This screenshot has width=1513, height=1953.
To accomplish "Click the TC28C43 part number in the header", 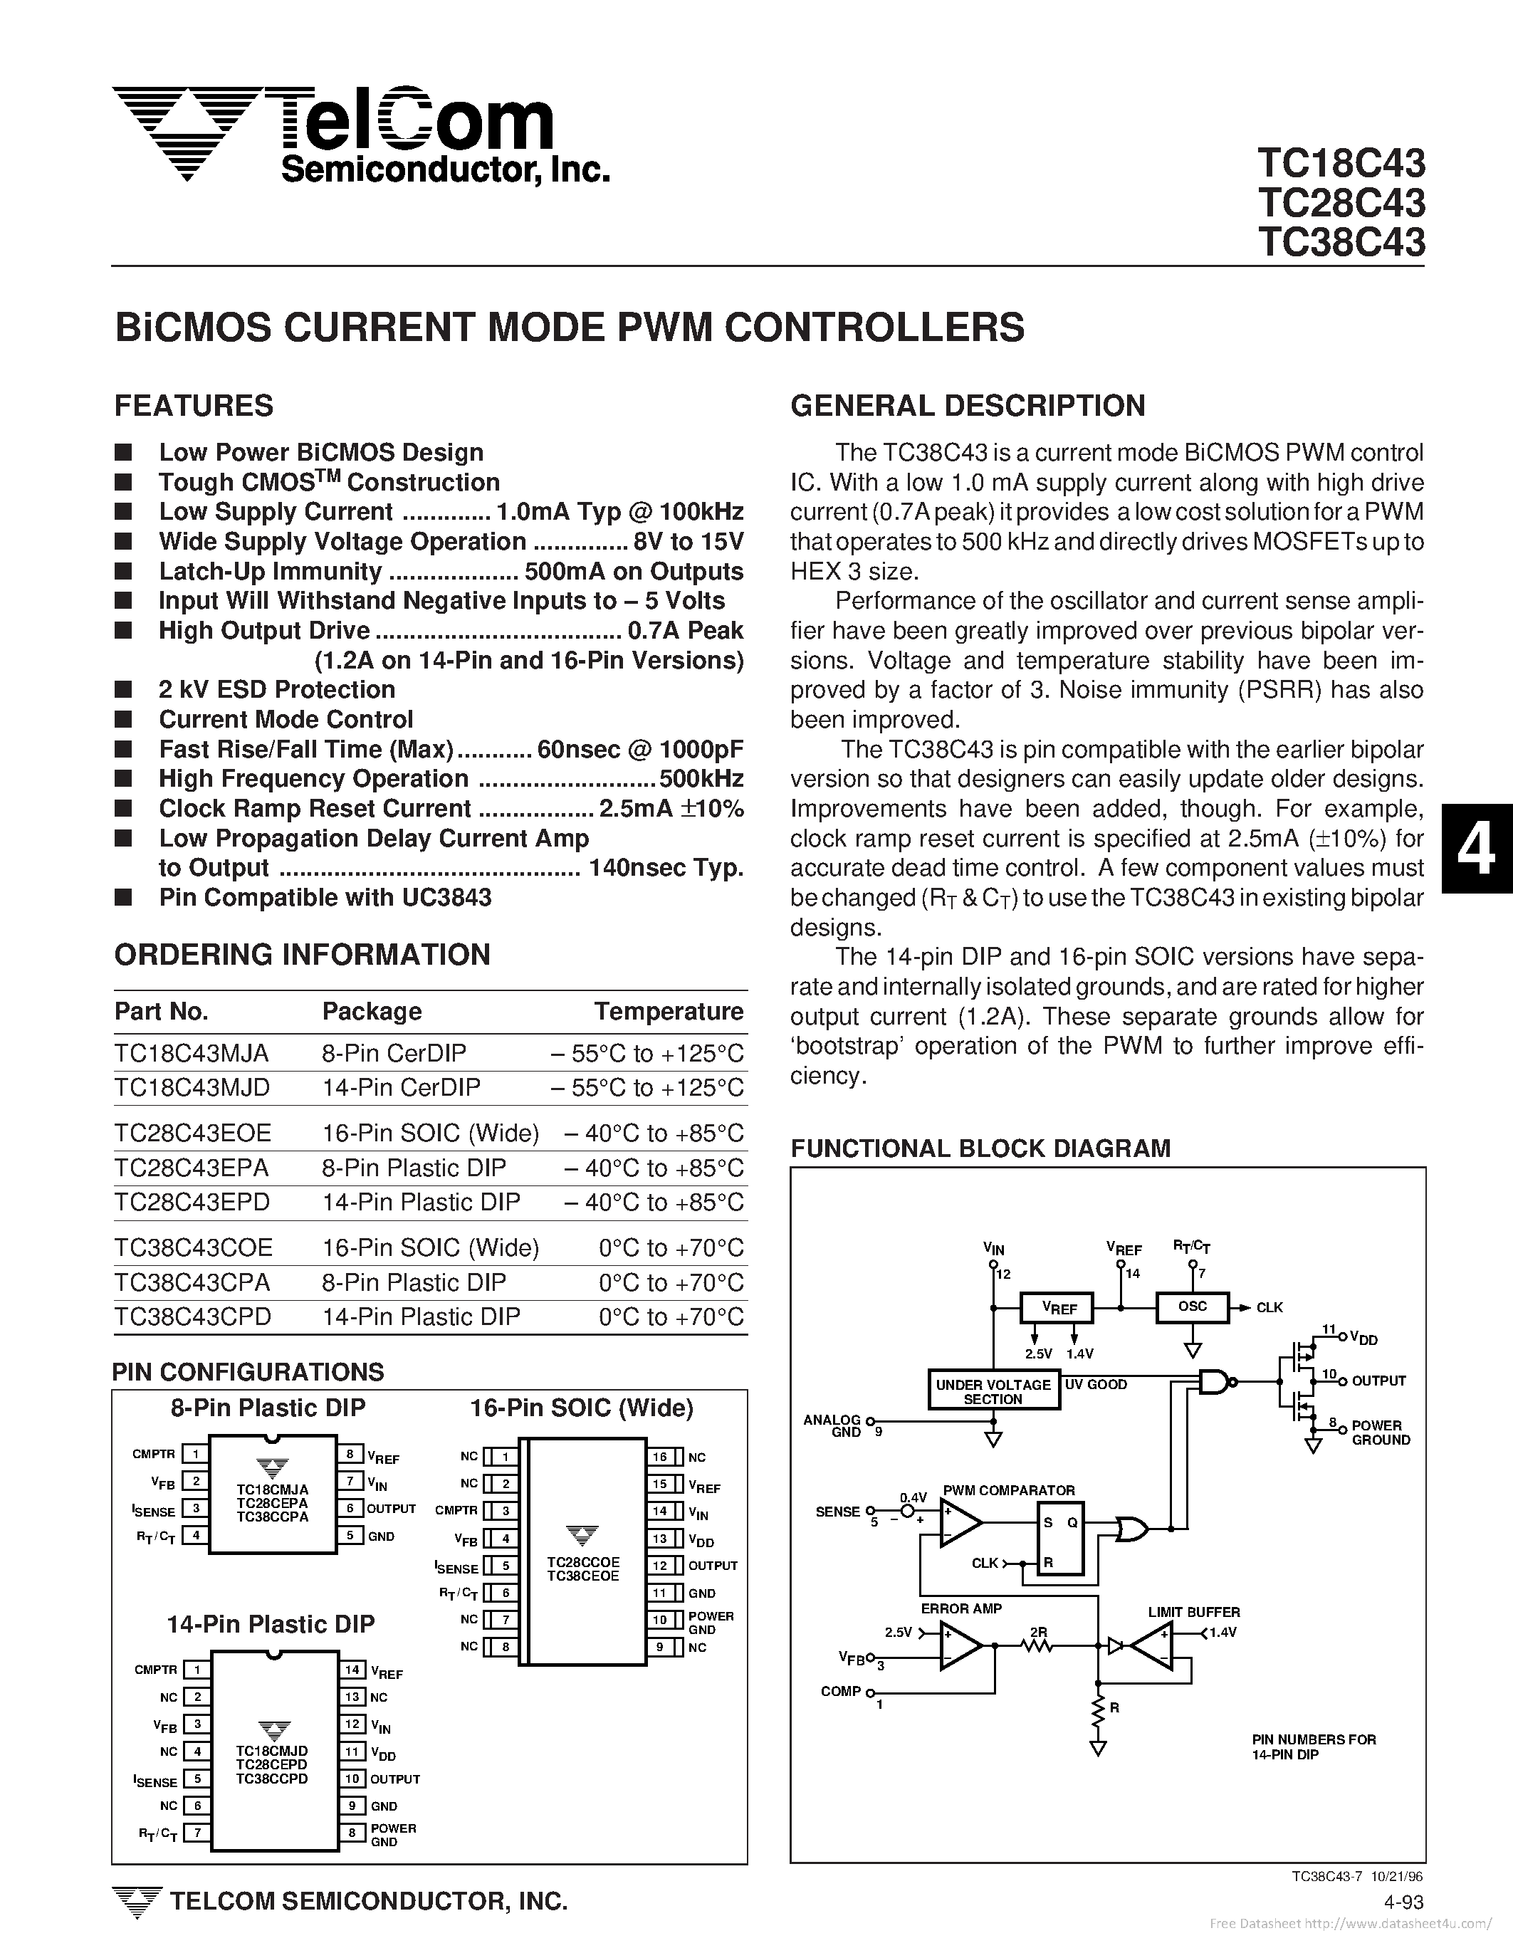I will click(x=1341, y=203).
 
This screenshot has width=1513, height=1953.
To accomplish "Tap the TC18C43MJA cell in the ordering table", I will click(x=192, y=1054).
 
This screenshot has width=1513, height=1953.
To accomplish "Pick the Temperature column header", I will click(x=668, y=1011).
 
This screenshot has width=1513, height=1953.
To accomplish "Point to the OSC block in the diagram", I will click(x=1192, y=1307).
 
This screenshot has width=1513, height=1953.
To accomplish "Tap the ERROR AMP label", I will click(x=961, y=1608).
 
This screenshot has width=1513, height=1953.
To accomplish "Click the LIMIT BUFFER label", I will click(x=1194, y=1612).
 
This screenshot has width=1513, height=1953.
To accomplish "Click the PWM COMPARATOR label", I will click(x=1009, y=1491).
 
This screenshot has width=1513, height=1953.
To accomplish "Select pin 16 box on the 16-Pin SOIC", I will click(x=660, y=1457).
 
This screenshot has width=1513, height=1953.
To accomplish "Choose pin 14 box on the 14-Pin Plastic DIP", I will click(x=352, y=1670).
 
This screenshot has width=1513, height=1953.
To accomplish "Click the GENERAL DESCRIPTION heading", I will click(x=968, y=406).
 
